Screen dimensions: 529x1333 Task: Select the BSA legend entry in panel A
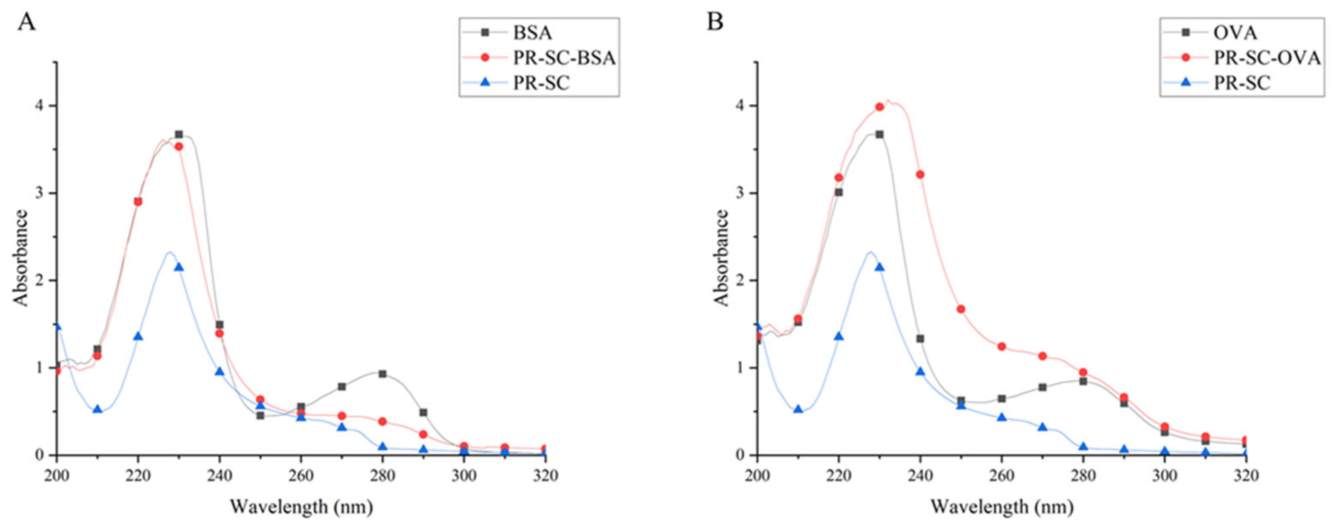(x=532, y=33)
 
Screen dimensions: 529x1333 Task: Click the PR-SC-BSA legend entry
(x=564, y=58)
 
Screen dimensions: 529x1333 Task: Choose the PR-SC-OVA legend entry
(x=1266, y=58)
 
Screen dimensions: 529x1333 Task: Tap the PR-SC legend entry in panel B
(x=1242, y=83)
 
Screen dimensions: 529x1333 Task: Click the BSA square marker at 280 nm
(x=382, y=374)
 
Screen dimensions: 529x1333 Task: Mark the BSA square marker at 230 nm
(x=179, y=134)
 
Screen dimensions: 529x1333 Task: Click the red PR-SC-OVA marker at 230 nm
(x=879, y=107)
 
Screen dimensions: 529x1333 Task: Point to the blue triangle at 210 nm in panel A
(x=97, y=409)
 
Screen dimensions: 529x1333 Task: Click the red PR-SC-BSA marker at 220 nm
(x=138, y=202)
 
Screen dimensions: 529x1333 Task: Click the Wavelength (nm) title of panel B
(x=1002, y=507)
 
